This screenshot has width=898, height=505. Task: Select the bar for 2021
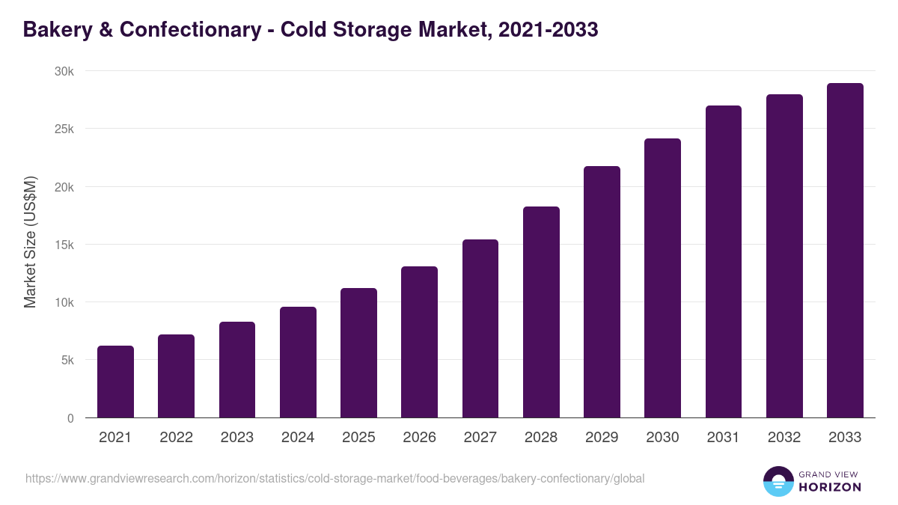click(x=115, y=382)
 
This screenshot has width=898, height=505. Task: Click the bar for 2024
click(x=298, y=362)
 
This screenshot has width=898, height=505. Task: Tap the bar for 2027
click(x=480, y=328)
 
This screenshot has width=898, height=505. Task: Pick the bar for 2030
click(x=662, y=278)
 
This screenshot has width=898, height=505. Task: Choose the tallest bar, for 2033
click(x=845, y=251)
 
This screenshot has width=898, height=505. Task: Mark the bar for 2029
click(x=602, y=292)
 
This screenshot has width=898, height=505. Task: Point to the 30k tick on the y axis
click(x=65, y=71)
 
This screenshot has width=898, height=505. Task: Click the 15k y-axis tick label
click(x=65, y=245)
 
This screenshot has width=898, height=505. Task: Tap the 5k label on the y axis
click(x=67, y=360)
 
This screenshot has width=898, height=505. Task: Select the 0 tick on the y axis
click(x=70, y=418)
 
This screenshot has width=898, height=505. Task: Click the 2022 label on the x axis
click(x=176, y=438)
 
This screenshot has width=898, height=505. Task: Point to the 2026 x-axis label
click(x=419, y=438)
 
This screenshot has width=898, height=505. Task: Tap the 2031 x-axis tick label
click(x=723, y=438)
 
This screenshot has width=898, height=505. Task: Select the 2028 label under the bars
click(x=541, y=438)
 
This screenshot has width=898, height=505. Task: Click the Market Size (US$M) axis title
click(x=30, y=242)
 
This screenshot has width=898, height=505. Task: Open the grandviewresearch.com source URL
click(x=335, y=478)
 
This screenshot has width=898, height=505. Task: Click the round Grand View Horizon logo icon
click(x=778, y=481)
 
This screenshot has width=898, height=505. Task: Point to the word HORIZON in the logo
click(x=829, y=487)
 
